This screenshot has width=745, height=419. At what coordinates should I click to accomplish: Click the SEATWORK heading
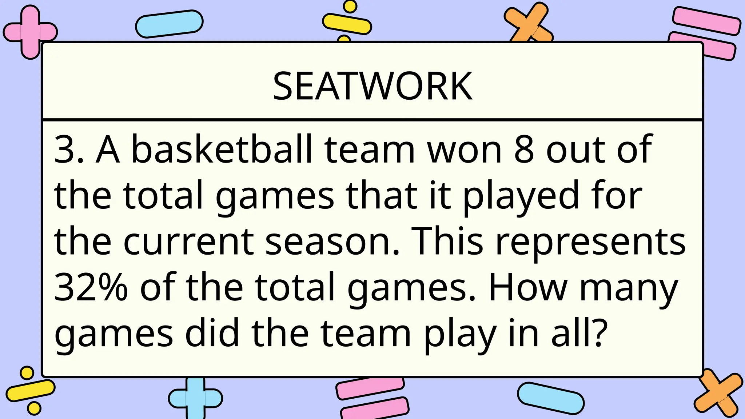pyautogui.click(x=372, y=86)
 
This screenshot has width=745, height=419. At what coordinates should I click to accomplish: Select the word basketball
pyautogui.click(x=222, y=149)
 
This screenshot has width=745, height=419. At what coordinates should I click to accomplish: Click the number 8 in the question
pyautogui.click(x=524, y=149)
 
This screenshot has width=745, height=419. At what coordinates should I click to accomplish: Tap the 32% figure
pyautogui.click(x=91, y=287)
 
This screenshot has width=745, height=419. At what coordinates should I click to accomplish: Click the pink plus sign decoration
pyautogui.click(x=30, y=32)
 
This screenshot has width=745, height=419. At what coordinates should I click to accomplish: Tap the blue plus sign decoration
pyautogui.click(x=195, y=398)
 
